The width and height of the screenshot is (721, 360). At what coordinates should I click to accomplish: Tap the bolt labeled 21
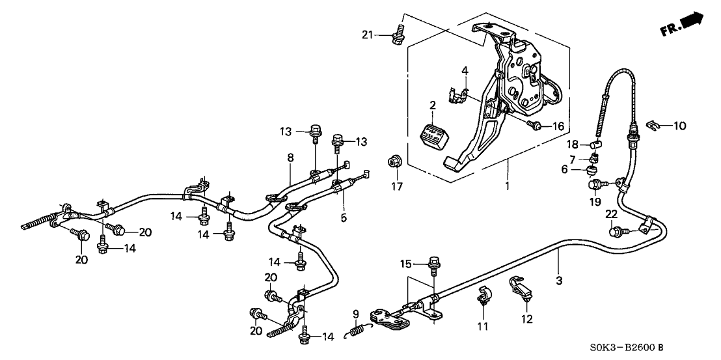[396, 36]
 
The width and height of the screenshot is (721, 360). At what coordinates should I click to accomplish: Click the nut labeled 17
[394, 161]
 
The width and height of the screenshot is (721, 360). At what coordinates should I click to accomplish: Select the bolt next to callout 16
[535, 126]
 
